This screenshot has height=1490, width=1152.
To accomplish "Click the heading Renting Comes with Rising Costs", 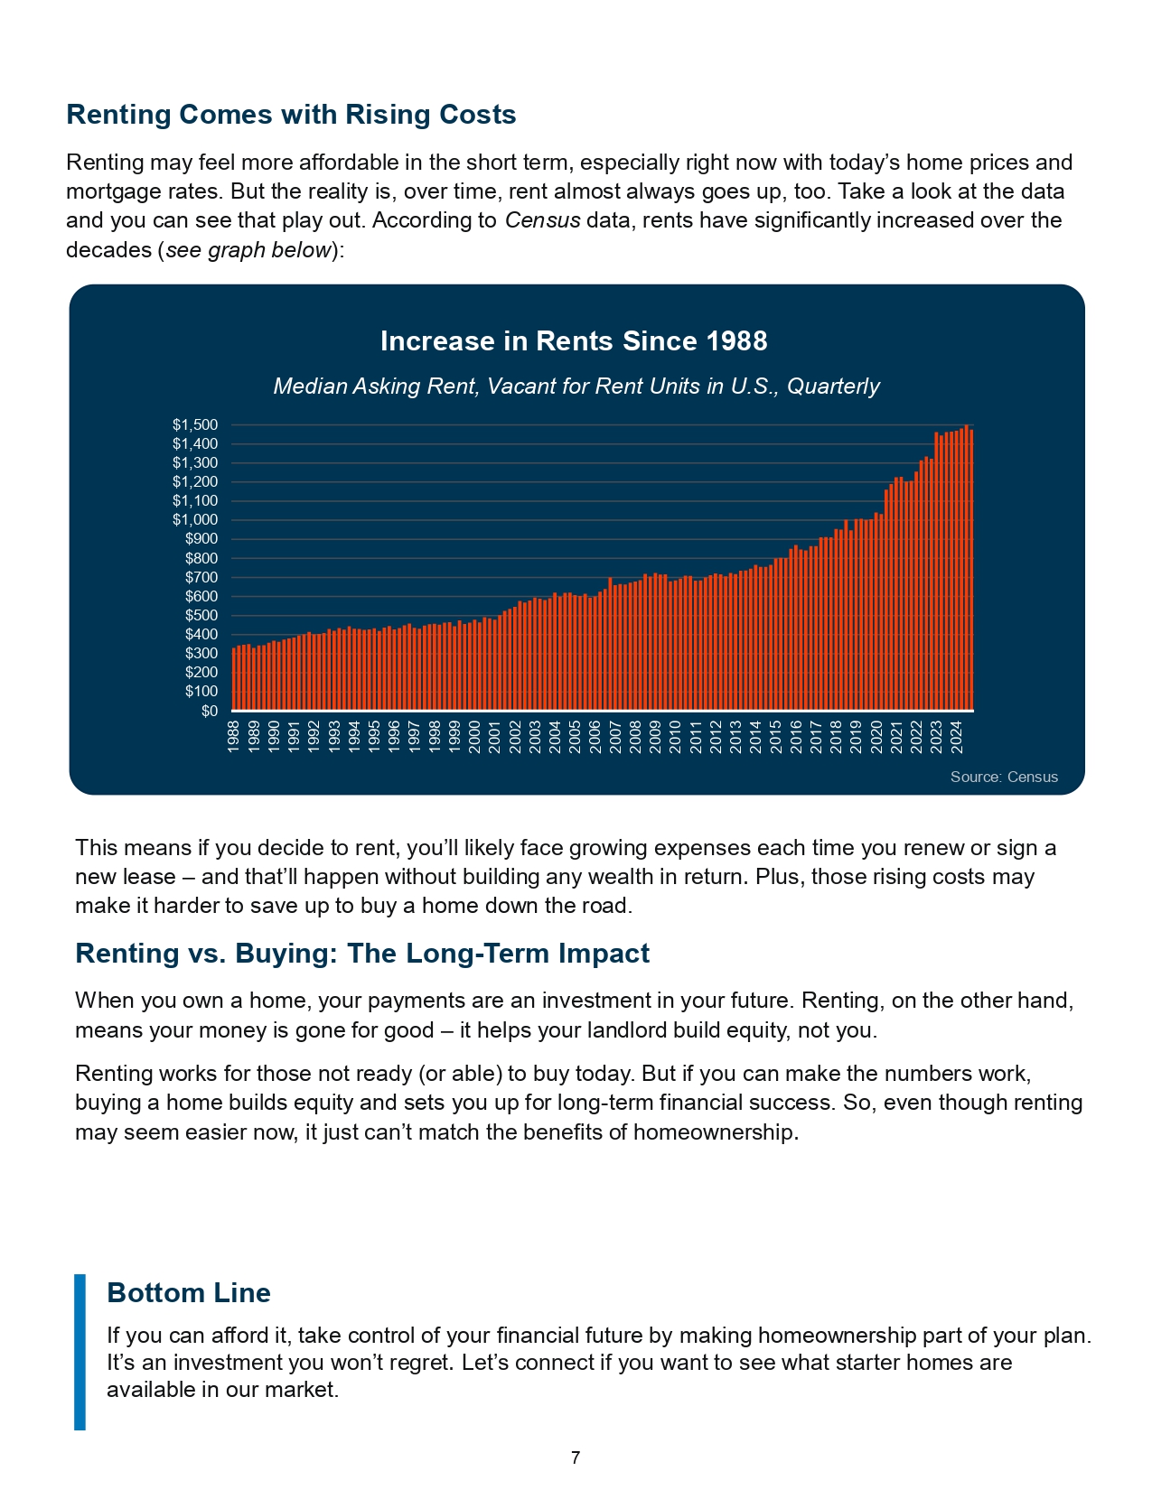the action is click(291, 115).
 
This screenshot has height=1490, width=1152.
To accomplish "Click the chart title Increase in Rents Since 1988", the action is click(574, 340).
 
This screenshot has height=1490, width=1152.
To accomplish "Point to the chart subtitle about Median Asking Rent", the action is click(576, 386).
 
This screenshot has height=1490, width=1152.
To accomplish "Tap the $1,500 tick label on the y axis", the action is click(195, 425).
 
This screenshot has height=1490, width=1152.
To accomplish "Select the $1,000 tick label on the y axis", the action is click(195, 520).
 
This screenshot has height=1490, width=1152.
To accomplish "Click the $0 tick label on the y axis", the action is click(210, 711).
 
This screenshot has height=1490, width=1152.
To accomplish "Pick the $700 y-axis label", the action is click(201, 577).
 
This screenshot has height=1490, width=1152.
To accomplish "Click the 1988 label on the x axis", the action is click(233, 737).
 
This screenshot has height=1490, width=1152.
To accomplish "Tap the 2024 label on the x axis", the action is click(957, 737).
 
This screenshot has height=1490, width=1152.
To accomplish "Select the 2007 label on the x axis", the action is click(615, 737).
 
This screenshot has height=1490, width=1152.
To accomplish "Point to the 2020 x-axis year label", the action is click(876, 737).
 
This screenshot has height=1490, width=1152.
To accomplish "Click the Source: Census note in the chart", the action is click(1004, 777).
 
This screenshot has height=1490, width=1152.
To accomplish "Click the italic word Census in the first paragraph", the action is click(543, 220).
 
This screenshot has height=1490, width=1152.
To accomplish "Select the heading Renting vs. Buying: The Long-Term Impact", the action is click(362, 953).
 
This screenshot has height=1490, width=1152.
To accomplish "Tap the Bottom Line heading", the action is click(189, 1292).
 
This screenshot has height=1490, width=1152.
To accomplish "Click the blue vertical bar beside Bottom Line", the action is click(80, 1352).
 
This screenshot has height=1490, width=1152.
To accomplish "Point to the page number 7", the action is click(576, 1457).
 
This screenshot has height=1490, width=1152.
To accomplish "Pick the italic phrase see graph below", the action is click(249, 249).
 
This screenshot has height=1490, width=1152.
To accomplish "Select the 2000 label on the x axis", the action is click(474, 737).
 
